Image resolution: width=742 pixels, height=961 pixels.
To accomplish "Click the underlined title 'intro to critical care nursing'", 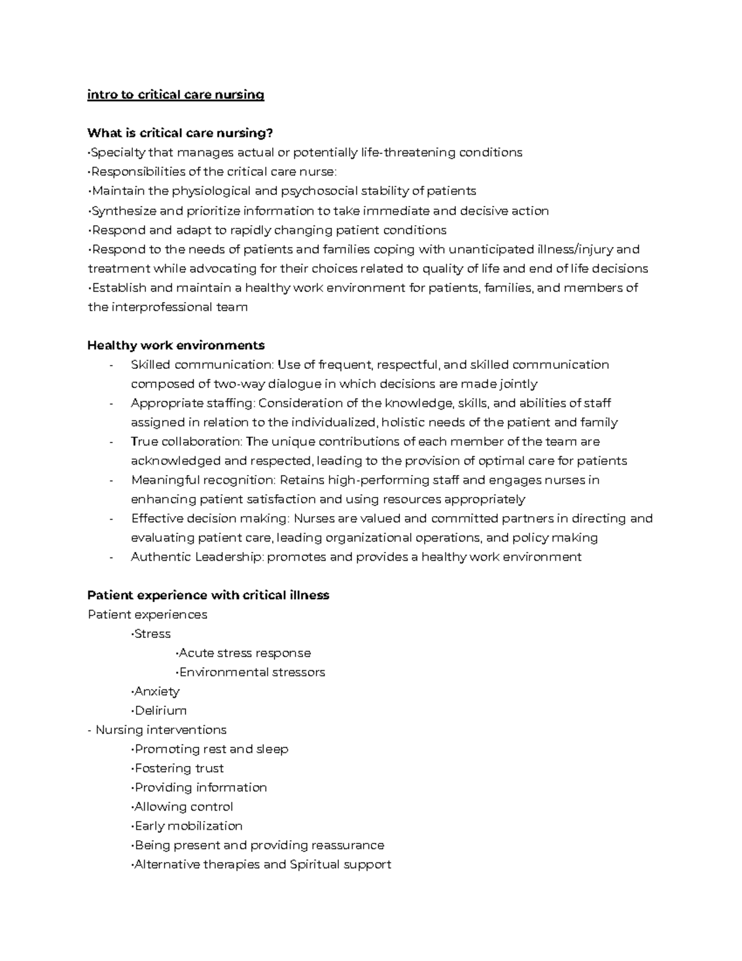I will click(x=176, y=95).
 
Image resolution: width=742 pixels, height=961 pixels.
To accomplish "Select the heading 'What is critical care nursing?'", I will click(x=180, y=133).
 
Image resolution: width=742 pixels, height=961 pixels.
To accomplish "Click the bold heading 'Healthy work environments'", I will click(x=176, y=345).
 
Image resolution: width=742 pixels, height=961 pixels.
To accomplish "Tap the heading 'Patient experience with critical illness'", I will click(x=208, y=595).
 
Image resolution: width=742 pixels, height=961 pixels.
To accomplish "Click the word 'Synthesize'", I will click(x=124, y=211).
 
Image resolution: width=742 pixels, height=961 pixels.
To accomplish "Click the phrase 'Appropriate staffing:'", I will click(x=193, y=403).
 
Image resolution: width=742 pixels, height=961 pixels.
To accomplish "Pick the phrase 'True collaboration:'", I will click(x=187, y=442).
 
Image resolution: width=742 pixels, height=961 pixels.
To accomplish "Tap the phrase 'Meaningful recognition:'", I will click(x=203, y=480).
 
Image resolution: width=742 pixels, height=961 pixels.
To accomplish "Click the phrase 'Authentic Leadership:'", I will click(x=197, y=557).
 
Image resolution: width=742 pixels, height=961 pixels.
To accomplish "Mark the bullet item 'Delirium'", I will click(x=160, y=710).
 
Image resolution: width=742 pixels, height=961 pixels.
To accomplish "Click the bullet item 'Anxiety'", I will click(x=156, y=691).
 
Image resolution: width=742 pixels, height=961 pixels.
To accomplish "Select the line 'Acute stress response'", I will click(x=244, y=653).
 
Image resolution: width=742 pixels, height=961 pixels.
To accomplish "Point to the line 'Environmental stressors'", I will click(x=251, y=672).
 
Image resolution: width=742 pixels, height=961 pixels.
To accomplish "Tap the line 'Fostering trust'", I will click(x=179, y=769).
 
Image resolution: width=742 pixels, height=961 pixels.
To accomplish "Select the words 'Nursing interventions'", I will click(x=161, y=730).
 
